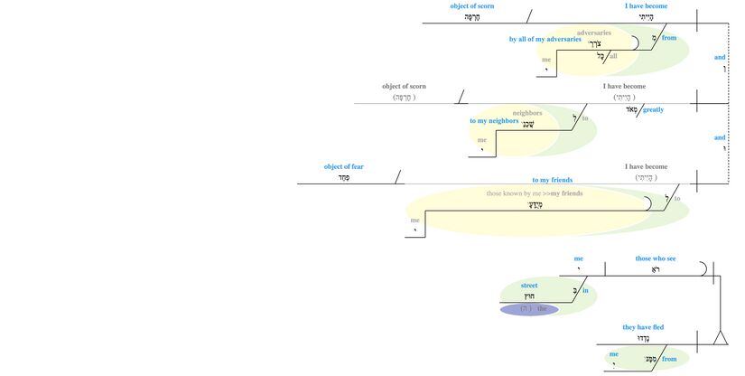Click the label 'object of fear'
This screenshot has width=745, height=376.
[344, 166]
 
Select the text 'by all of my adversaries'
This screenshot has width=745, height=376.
[545, 40]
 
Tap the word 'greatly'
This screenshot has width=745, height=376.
[653, 109]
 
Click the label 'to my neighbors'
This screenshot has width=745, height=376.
[494, 120]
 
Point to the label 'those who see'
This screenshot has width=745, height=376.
[657, 258]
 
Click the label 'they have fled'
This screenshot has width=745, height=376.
[644, 327]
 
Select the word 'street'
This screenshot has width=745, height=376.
[529, 285]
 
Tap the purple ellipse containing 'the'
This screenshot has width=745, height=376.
[529, 309]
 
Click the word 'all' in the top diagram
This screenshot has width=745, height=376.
[614, 56]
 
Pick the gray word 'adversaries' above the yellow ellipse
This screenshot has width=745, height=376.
[593, 33]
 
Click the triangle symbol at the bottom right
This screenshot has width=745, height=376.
[720, 339]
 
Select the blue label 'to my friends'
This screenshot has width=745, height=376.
[552, 180]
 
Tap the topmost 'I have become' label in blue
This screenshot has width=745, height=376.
[647, 6]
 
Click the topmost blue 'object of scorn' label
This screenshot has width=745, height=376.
[472, 6]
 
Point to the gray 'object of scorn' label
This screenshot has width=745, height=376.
[404, 86]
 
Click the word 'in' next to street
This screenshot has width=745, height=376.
[585, 290]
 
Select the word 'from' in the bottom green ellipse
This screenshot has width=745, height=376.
[669, 359]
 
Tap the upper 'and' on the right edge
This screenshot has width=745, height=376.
[720, 57]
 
